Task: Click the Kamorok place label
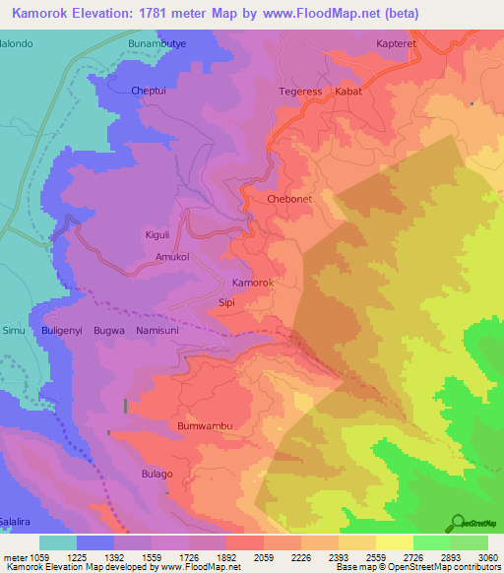tap(252, 283)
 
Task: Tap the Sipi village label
tap(226, 303)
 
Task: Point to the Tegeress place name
tap(300, 92)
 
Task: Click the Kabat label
tap(348, 92)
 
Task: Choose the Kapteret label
tap(398, 44)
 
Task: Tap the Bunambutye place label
tap(157, 44)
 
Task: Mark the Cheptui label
tap(151, 91)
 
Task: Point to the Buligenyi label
tap(61, 331)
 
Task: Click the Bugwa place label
tap(108, 331)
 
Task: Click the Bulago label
tap(156, 474)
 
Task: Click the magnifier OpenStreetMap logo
tap(457, 523)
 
